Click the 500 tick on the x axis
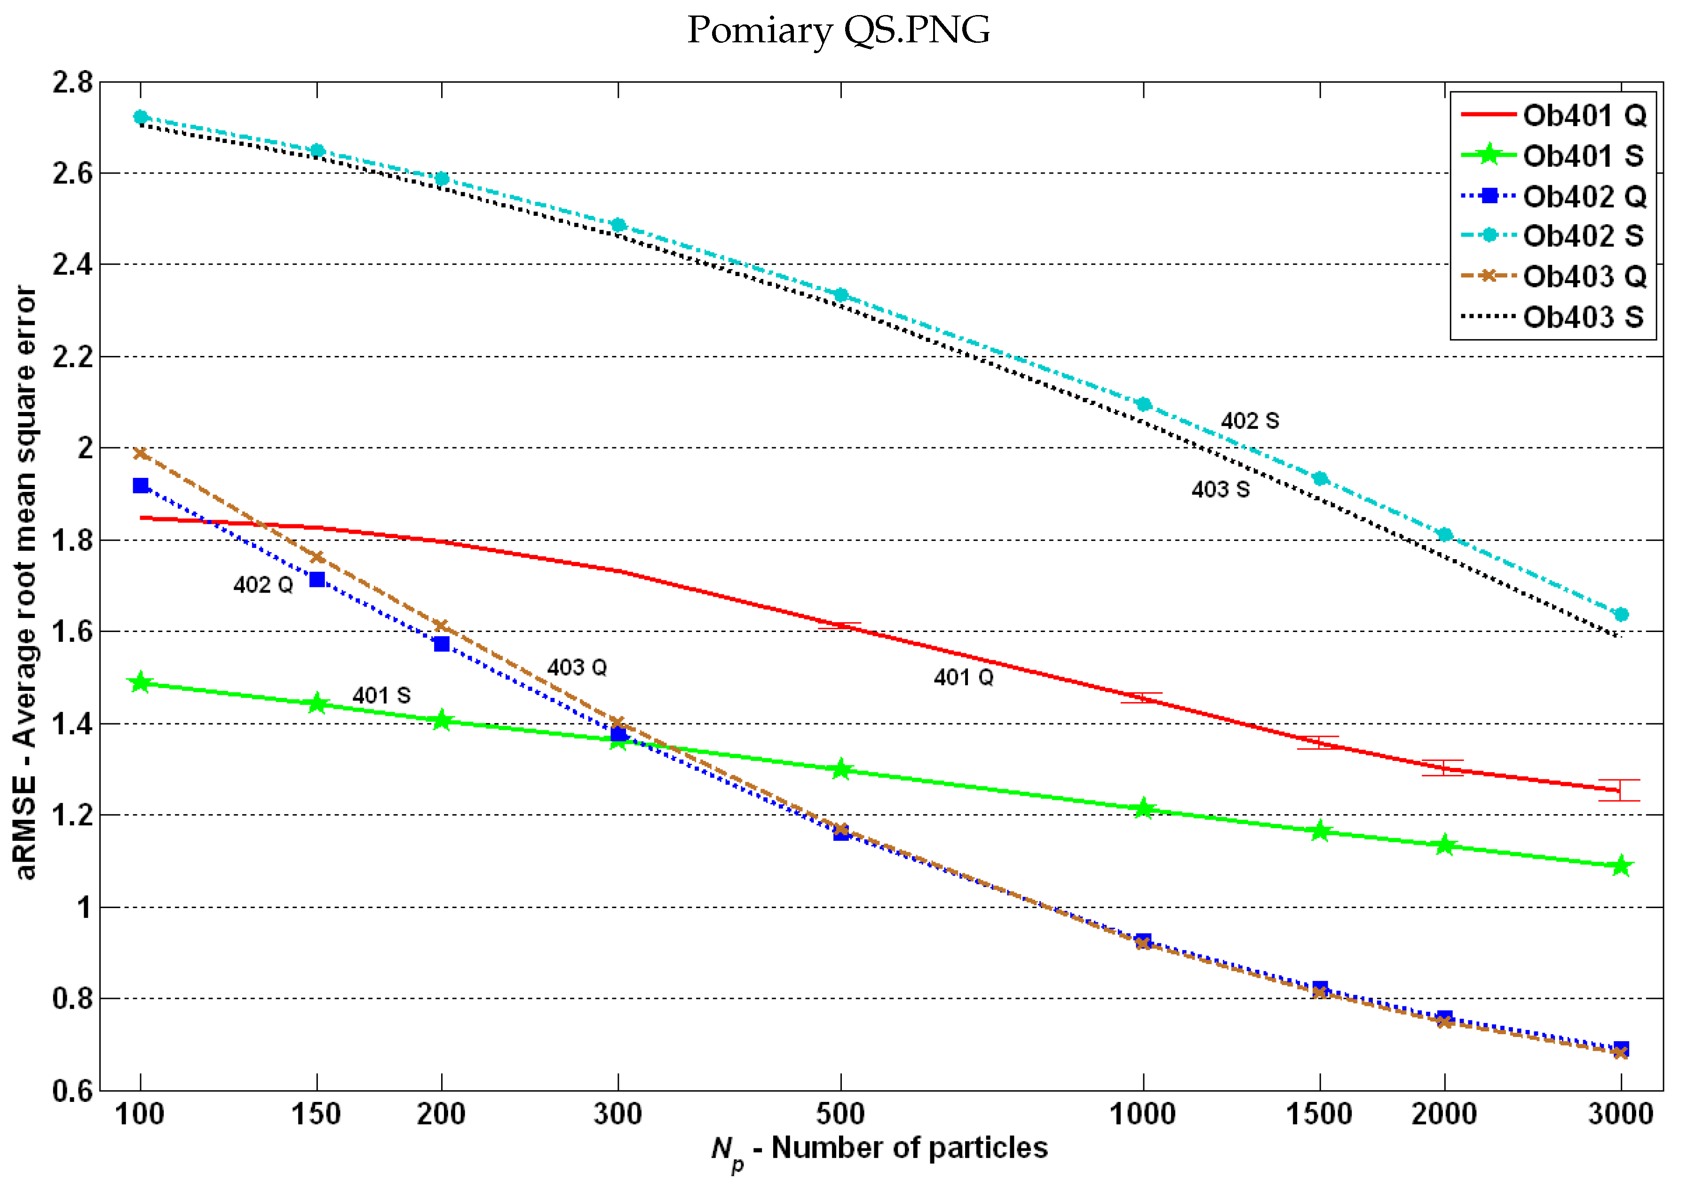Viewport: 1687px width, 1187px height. click(x=840, y=1114)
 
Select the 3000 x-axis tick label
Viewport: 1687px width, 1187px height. click(x=1620, y=1114)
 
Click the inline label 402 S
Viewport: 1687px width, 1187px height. click(x=1249, y=421)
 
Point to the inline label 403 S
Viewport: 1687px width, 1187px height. click(x=1220, y=489)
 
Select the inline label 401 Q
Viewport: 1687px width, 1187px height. click(x=963, y=677)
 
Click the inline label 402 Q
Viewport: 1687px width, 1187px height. click(x=262, y=585)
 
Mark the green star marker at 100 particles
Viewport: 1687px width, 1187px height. click(x=140, y=683)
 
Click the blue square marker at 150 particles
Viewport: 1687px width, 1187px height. click(x=317, y=579)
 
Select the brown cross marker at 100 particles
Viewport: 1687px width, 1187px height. click(x=140, y=453)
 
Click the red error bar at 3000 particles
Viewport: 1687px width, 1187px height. click(x=1619, y=791)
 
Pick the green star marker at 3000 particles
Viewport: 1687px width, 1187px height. click(x=1621, y=866)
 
